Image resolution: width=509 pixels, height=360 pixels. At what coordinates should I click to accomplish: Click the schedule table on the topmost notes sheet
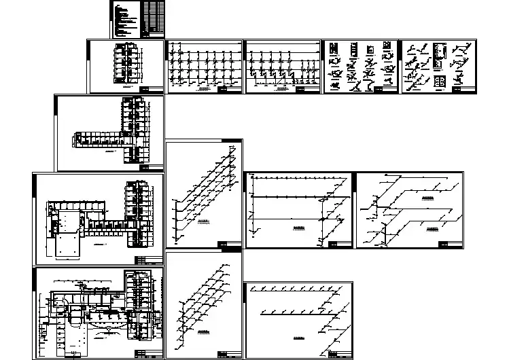pos(154,18)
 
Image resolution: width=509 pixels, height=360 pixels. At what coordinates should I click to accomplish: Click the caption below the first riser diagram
pos(203,88)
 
